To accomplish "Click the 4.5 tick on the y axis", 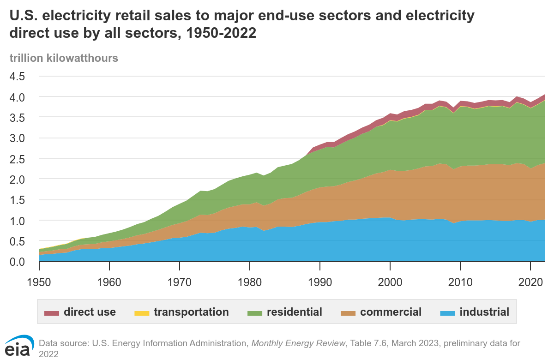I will click(19, 76).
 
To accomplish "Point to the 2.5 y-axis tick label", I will click(19, 158).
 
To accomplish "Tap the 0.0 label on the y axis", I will click(19, 262).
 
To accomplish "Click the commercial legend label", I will click(391, 312).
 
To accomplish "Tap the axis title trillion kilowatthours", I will click(63, 58).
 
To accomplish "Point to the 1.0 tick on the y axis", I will click(19, 221).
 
